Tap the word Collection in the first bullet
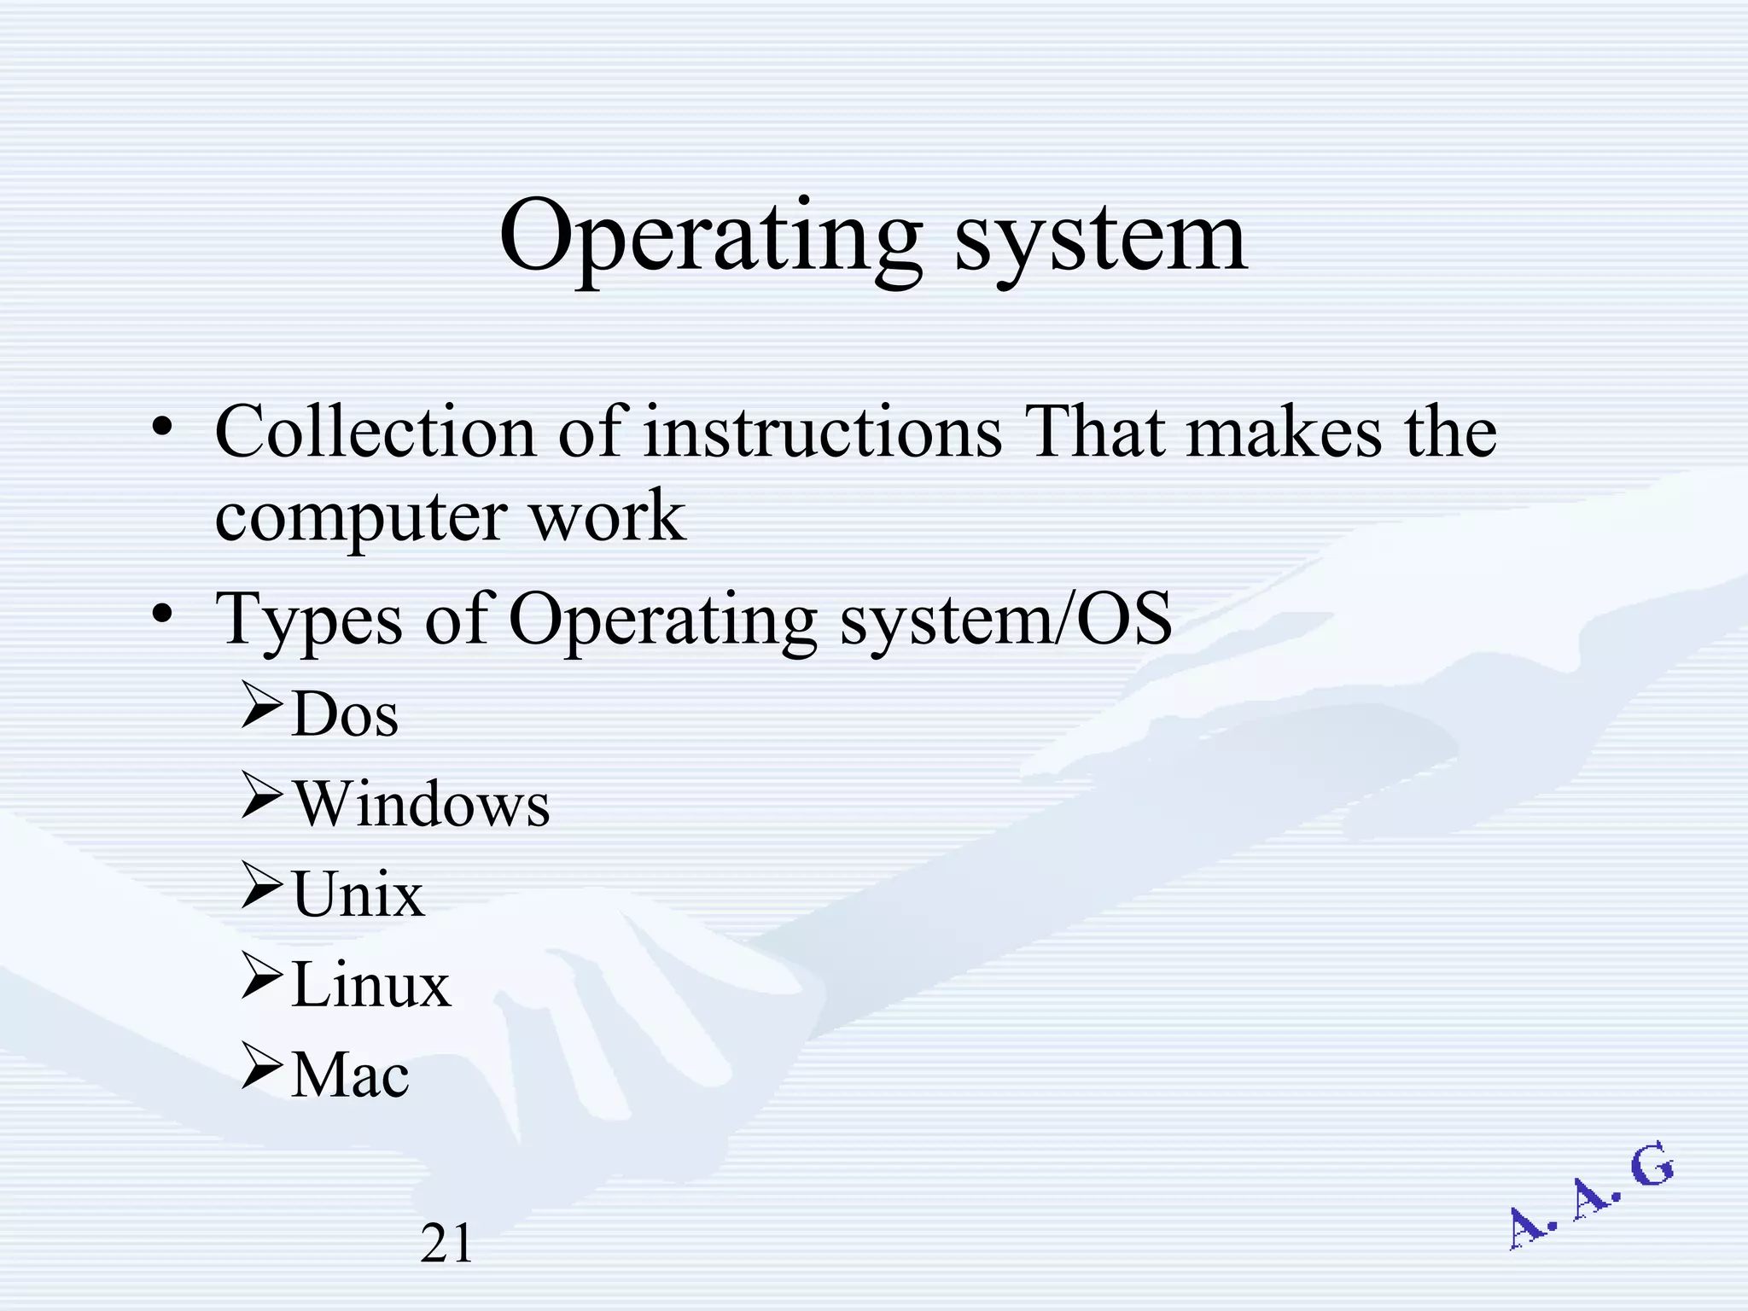pyautogui.click(x=375, y=433)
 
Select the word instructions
pyautogui.click(x=822, y=433)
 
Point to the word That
pyautogui.click(x=1095, y=433)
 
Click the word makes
pyautogui.click(x=1284, y=433)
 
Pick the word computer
pyautogui.click(x=361, y=517)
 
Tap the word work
pyautogui.click(x=608, y=517)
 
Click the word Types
pyautogui.click(x=308, y=621)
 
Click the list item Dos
pyautogui.click(x=345, y=714)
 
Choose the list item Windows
pyautogui.click(x=422, y=804)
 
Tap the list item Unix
pyautogui.click(x=358, y=894)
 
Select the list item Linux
pyautogui.click(x=370, y=985)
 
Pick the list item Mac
pyautogui.click(x=350, y=1075)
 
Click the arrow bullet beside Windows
pyautogui.click(x=261, y=795)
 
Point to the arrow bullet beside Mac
pyautogui.click(x=261, y=1066)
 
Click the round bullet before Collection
pyautogui.click(x=162, y=427)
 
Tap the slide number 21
pyautogui.click(x=446, y=1243)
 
